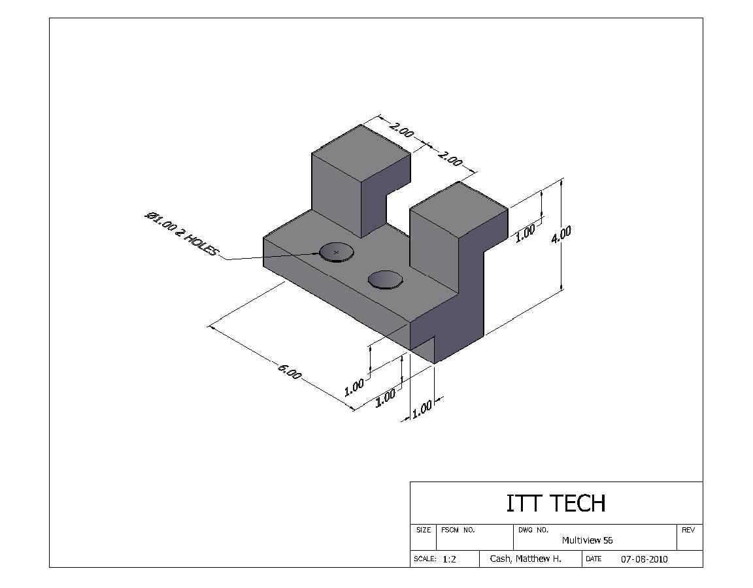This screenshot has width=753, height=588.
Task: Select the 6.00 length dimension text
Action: click(x=290, y=372)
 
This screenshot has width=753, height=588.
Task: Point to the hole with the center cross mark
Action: click(x=336, y=252)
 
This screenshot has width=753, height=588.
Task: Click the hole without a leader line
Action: click(x=385, y=280)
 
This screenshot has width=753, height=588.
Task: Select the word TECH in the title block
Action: click(x=577, y=503)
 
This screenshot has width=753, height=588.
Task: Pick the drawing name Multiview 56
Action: click(x=587, y=540)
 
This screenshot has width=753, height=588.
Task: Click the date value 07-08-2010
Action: click(x=644, y=559)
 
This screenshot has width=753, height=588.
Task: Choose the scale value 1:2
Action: click(x=449, y=559)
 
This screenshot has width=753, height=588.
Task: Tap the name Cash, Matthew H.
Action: click(x=526, y=559)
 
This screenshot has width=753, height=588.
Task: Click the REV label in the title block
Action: click(x=688, y=530)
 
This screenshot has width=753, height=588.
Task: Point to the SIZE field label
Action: click(x=424, y=530)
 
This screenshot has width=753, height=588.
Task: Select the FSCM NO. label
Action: click(x=458, y=530)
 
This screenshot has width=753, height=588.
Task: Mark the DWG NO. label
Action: click(x=533, y=530)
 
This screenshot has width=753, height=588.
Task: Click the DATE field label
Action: click(x=594, y=559)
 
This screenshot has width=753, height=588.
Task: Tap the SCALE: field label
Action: click(x=425, y=559)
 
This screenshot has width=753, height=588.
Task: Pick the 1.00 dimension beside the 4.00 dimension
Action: click(x=525, y=233)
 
